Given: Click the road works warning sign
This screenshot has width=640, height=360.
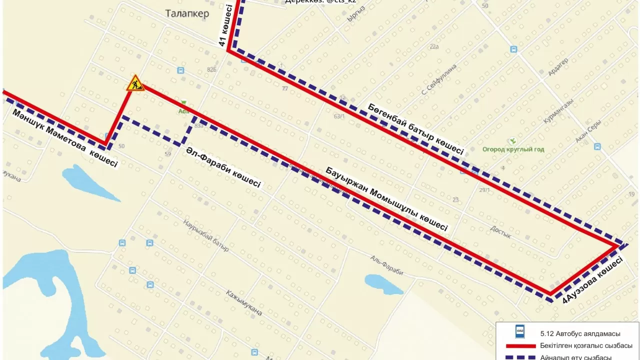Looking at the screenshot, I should coord(135,83).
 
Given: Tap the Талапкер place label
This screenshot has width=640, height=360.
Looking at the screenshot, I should coord(186,14).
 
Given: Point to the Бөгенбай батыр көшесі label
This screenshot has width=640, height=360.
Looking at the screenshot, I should coord(416,128).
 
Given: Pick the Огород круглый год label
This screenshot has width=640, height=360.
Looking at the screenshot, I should coord(513,149).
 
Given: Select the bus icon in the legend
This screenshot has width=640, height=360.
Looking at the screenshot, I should coord(520,331).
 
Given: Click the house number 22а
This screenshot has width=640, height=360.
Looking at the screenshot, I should coord(433,47).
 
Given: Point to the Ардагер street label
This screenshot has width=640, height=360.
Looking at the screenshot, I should coord(558,67).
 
